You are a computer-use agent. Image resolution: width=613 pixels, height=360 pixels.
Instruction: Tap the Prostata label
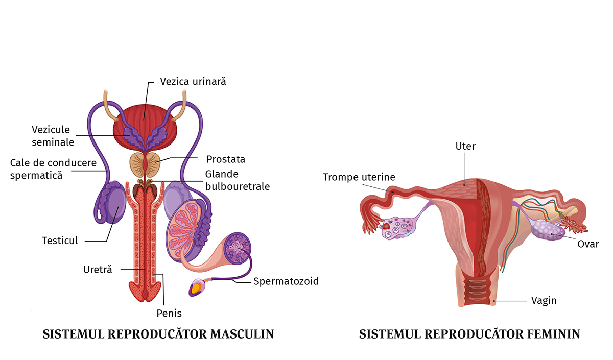tap(225, 159)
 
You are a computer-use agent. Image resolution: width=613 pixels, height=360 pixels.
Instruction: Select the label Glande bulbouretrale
tap(237, 180)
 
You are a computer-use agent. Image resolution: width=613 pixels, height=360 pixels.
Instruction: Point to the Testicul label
tap(60, 240)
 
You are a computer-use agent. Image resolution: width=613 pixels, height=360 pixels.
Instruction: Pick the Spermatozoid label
tap(286, 281)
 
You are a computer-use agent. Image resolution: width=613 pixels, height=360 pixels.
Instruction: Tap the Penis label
tap(169, 313)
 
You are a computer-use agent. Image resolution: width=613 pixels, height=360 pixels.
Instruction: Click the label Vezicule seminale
tap(53, 136)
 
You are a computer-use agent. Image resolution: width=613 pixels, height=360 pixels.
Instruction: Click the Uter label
tap(465, 147)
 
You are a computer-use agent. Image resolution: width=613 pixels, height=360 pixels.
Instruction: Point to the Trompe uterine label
tap(359, 177)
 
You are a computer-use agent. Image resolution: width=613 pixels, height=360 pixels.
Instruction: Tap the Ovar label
tap(587, 244)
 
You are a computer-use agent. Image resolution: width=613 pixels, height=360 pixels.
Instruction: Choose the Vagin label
tap(544, 300)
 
